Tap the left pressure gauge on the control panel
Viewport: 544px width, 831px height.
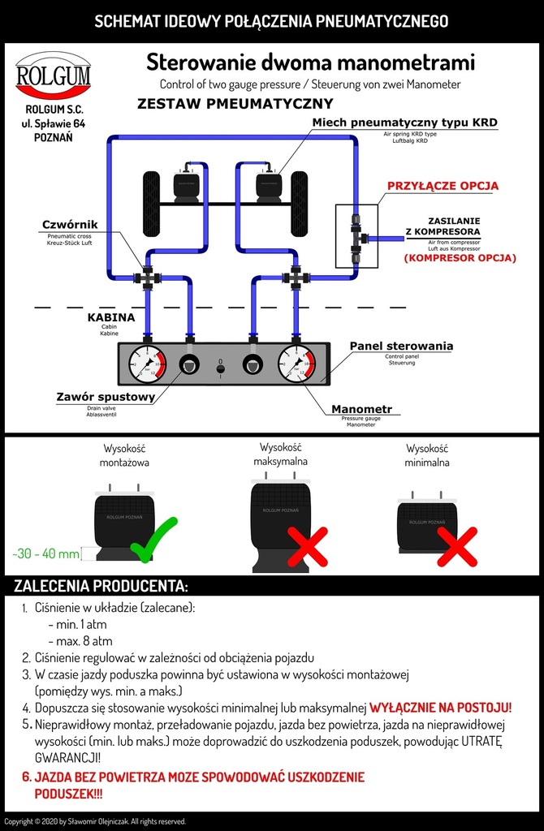(148, 364)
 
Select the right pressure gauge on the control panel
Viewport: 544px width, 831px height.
(296, 364)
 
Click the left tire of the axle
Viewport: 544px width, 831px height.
(151, 204)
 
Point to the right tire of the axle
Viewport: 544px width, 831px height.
(299, 204)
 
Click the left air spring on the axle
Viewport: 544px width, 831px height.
(186, 187)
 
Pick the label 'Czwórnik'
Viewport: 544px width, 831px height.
(71, 224)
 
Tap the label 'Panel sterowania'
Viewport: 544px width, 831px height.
(401, 347)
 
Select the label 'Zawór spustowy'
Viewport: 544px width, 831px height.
(106, 398)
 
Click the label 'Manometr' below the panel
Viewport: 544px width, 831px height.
(361, 410)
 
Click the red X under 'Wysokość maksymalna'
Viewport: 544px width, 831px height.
(308, 546)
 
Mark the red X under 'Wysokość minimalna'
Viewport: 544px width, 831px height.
(457, 545)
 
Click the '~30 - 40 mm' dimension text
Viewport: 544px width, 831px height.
(46, 554)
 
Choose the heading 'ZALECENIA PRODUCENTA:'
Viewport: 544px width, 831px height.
(101, 585)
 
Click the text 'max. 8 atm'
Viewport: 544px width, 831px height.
(80, 641)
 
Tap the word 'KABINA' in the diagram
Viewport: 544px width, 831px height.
(111, 318)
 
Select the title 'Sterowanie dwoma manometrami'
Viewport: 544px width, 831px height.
(310, 62)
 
